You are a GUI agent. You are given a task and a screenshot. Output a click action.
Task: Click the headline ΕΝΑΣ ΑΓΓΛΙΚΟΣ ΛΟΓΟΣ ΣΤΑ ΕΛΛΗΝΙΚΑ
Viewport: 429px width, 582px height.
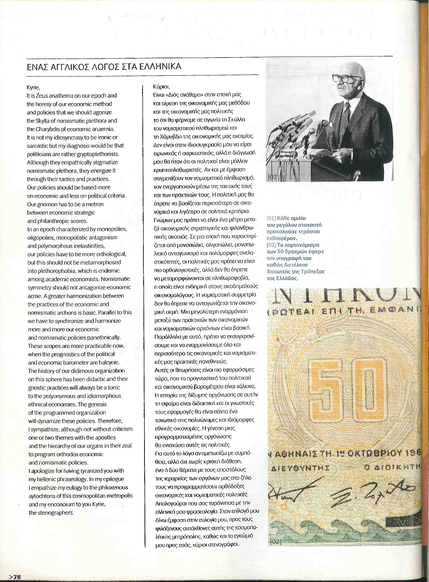point(104,67)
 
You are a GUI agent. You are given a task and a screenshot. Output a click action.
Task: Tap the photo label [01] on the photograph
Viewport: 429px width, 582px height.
point(273,177)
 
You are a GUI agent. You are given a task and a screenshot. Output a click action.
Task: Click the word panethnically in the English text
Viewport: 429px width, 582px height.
point(100,337)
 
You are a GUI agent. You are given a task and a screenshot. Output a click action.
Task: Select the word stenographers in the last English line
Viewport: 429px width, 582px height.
point(57,513)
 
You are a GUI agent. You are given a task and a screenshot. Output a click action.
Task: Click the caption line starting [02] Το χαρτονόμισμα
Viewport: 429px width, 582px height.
point(293,245)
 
